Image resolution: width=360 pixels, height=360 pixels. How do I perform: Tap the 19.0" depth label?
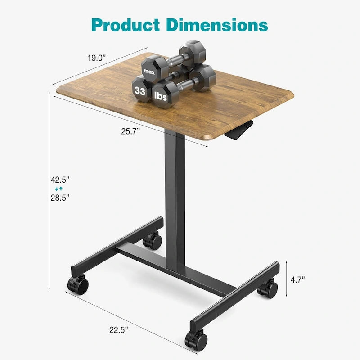[x=96, y=58]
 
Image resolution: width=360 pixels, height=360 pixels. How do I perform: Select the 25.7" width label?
[x=131, y=131]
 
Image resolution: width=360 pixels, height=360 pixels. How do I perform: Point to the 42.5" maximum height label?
[x=60, y=180]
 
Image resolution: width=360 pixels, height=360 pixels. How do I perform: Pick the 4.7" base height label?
[x=297, y=279]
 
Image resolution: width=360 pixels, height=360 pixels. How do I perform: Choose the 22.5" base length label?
[x=118, y=330]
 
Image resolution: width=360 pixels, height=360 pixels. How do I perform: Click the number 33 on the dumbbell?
[x=139, y=90]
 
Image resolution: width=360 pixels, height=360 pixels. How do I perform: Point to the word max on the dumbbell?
[x=148, y=71]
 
